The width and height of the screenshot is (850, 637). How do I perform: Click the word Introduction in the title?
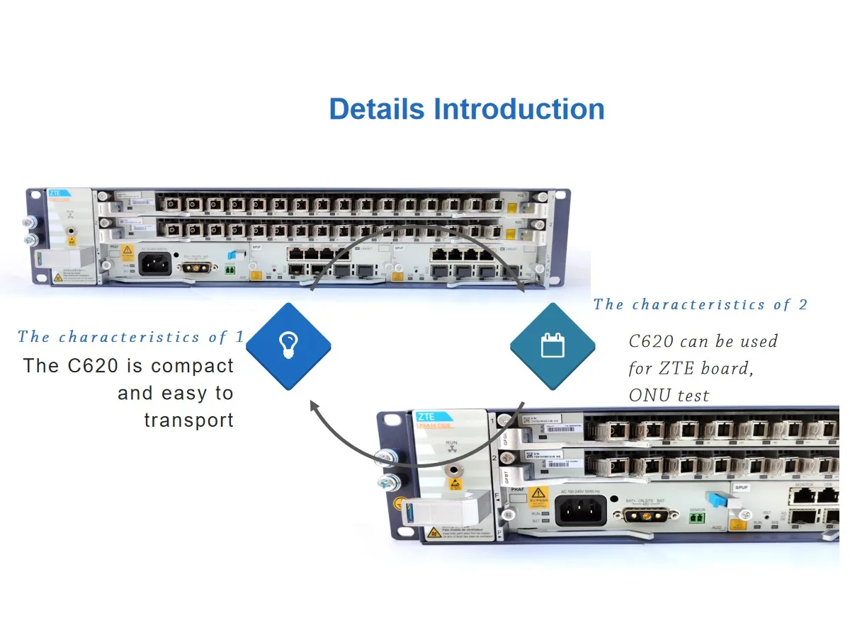tap(518, 110)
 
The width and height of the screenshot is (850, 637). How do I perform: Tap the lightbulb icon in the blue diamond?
tap(288, 346)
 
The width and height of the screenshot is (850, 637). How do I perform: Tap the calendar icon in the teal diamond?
tap(552, 346)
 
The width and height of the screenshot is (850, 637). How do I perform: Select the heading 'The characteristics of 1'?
tap(130, 337)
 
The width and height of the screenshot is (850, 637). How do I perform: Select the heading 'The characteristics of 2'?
tap(700, 305)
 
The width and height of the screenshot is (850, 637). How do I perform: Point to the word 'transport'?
tap(188, 420)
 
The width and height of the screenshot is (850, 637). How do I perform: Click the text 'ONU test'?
tap(669, 396)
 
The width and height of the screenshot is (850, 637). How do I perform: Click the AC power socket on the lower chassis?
tap(581, 510)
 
